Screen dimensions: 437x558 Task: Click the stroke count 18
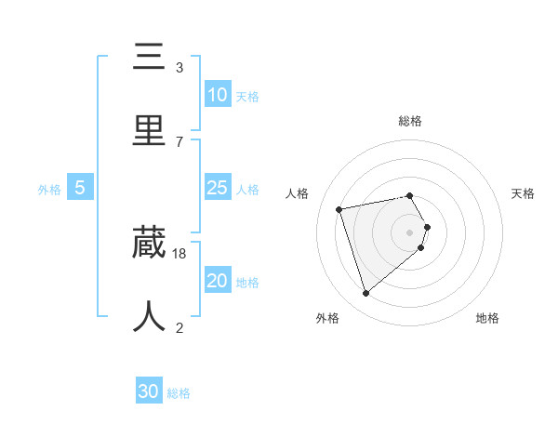[x=179, y=253]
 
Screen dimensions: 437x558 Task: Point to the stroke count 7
[x=179, y=141]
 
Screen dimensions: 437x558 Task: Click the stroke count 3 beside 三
[x=179, y=68]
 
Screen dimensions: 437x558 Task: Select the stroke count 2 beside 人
[x=179, y=327]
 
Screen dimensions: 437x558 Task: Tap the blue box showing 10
[x=217, y=94]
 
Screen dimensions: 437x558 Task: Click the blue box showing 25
[x=217, y=188]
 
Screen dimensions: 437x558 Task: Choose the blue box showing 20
[x=217, y=280]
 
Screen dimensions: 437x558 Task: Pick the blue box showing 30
[x=149, y=391]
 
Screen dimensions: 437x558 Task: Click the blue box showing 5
[x=80, y=188]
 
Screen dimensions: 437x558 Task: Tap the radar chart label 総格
[x=410, y=121]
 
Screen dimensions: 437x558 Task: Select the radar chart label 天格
[x=523, y=193]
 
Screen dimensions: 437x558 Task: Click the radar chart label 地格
[x=487, y=319]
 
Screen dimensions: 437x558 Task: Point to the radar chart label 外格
[x=327, y=319]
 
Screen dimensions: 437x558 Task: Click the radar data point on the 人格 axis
[x=339, y=208]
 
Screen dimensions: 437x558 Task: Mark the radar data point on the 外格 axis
[x=366, y=293]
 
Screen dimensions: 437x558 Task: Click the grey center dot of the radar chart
[x=410, y=232]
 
